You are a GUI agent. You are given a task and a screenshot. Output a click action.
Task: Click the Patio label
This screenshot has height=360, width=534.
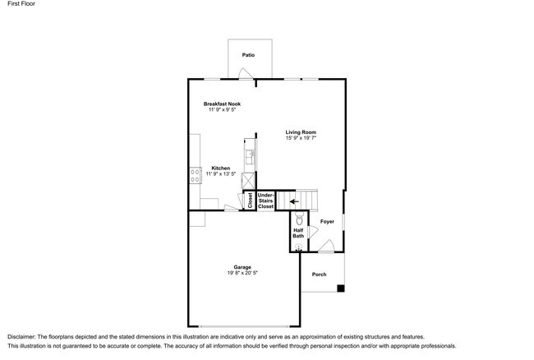pyautogui.click(x=248, y=55)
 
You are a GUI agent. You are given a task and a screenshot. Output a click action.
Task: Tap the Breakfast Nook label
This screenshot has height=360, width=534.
pyautogui.click(x=222, y=104)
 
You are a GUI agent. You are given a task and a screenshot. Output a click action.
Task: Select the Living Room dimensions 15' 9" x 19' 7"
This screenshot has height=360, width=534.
pyautogui.click(x=301, y=138)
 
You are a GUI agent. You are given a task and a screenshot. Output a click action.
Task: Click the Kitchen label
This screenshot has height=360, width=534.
pyautogui.click(x=221, y=168)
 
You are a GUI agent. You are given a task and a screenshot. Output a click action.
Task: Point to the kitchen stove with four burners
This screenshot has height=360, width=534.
pyautogui.click(x=195, y=173)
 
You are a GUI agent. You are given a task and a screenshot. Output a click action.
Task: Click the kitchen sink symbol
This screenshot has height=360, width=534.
pyautogui.click(x=250, y=154)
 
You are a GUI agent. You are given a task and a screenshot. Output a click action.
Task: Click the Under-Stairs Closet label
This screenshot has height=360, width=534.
pyautogui.click(x=265, y=201)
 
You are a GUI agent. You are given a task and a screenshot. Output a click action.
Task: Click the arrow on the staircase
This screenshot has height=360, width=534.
pyautogui.click(x=293, y=200)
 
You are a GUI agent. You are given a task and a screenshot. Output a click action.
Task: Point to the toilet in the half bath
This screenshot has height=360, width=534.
pyautogui.click(x=300, y=220)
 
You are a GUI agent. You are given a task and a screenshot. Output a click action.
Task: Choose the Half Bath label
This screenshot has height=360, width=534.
pyautogui.click(x=298, y=233)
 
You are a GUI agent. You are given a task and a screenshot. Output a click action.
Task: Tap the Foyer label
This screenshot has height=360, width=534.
pyautogui.click(x=327, y=221)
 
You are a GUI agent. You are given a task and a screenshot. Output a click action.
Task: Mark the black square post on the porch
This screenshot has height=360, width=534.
pyautogui.click(x=341, y=288)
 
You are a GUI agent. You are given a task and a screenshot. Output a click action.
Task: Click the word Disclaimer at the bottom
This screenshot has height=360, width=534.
pyautogui.click(x=25, y=337)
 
